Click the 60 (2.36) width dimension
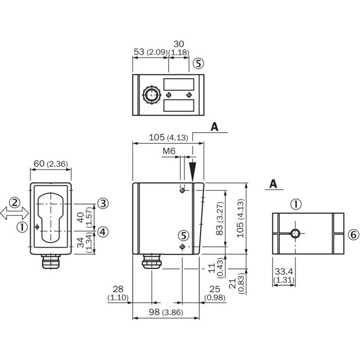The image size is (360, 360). click(x=51, y=164)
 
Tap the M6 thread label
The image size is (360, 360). click(x=169, y=151)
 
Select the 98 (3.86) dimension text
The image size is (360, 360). click(x=166, y=312)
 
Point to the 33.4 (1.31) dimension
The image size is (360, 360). click(x=284, y=275)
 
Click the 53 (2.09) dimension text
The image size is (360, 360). click(x=150, y=52)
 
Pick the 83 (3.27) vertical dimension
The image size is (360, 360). click(x=220, y=218)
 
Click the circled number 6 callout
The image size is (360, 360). click(x=353, y=234)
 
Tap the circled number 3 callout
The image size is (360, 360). click(x=103, y=203)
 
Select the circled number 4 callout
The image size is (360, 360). click(x=103, y=232)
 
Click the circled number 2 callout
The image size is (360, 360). click(x=14, y=202)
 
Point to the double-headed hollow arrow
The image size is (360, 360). click(x=14, y=213)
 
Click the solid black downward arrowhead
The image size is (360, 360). click(x=193, y=171)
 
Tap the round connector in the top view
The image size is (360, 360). click(x=151, y=95)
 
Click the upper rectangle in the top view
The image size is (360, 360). click(x=179, y=84)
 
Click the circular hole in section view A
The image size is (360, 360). click(x=295, y=234)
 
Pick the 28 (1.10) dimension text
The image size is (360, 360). click(x=118, y=293)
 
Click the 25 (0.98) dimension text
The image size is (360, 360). click(x=215, y=293)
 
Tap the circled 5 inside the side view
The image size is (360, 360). click(x=184, y=235)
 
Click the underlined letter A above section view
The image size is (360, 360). click(x=273, y=184)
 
